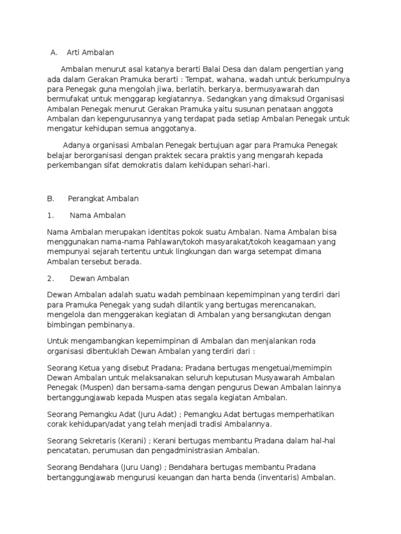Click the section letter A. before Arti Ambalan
tap(54, 53)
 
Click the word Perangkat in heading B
tap(87, 199)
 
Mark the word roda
tap(306, 341)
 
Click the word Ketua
tap(90, 368)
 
